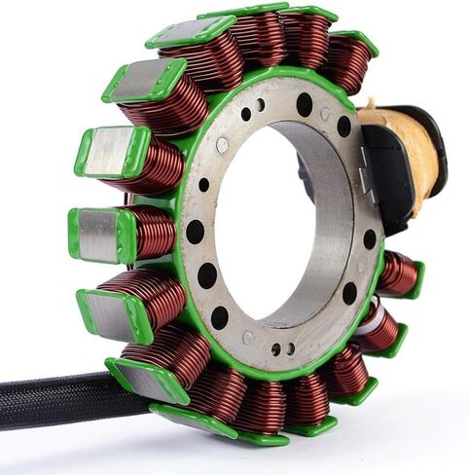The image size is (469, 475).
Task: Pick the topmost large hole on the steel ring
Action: coord(305,100)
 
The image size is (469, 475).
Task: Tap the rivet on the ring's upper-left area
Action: coord(223,145)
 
